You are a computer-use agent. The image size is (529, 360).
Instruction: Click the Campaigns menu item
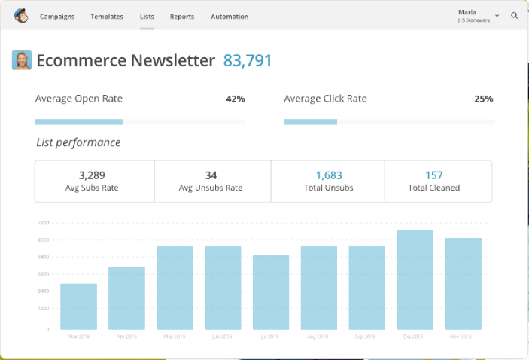coord(57,16)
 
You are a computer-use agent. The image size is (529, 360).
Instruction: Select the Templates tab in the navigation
coord(107,16)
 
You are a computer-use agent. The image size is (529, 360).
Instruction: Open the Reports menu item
coord(182,16)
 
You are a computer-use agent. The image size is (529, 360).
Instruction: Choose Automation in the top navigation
coord(230,16)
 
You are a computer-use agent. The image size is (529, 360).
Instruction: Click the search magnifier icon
coord(515,15)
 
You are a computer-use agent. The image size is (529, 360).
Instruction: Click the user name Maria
coord(467,12)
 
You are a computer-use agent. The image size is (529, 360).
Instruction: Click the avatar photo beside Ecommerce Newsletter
coord(22,60)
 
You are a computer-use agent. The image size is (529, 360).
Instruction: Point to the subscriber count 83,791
coord(248,61)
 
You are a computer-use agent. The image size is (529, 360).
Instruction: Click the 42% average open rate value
coord(236,99)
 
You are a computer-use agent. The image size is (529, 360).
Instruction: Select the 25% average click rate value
coord(484,99)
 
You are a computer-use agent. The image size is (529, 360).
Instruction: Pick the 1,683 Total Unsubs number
coord(329,175)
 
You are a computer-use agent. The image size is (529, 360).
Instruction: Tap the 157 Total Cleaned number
coord(434,175)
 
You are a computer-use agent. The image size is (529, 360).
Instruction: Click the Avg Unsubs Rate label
coord(211,188)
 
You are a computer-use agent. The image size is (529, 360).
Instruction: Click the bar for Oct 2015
coord(415,279)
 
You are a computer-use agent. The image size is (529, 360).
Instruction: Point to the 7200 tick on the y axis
coord(44,223)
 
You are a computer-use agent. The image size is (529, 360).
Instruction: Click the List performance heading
coord(78,142)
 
